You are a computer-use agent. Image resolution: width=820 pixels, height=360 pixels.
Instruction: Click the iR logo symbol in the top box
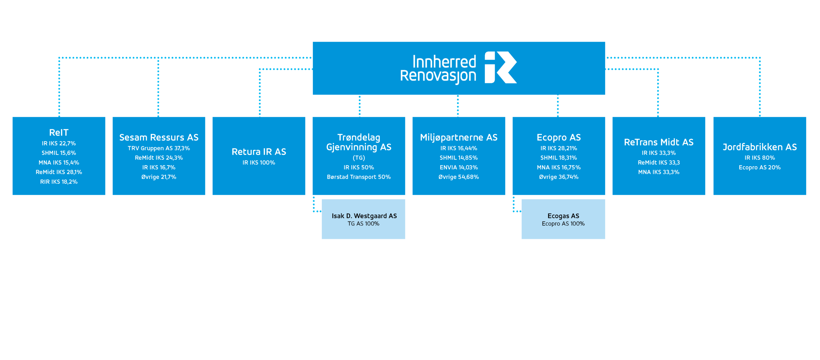[x=500, y=67]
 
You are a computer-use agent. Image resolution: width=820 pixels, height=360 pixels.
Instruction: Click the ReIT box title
[x=59, y=132]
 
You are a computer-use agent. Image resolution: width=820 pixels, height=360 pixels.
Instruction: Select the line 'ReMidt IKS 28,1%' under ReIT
[x=59, y=172]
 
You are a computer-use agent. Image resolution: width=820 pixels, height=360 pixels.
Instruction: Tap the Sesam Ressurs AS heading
[x=159, y=137]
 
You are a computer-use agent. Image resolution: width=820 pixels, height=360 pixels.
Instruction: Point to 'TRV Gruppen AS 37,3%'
[x=159, y=148]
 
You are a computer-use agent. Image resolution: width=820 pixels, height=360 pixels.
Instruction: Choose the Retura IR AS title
[x=259, y=151]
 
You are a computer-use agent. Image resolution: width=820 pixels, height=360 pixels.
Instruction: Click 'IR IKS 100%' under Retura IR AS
[x=259, y=162]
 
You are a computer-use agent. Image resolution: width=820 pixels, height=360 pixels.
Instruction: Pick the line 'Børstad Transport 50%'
[x=359, y=177]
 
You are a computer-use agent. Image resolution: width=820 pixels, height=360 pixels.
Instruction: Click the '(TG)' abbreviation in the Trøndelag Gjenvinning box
[x=359, y=158]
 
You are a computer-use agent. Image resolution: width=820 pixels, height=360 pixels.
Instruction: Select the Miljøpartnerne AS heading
[x=459, y=137]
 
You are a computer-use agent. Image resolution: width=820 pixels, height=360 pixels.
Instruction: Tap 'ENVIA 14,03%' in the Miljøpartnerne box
[x=459, y=167]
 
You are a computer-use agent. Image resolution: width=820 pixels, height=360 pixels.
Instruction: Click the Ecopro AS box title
[x=559, y=137]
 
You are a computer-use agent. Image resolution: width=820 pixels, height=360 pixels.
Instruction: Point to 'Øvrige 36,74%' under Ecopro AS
[x=559, y=177]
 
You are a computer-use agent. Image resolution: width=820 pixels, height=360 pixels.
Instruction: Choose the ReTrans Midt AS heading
[x=659, y=142]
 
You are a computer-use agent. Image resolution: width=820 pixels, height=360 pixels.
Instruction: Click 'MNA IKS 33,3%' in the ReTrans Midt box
[x=659, y=172]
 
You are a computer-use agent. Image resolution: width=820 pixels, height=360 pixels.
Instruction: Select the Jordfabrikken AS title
[x=760, y=147]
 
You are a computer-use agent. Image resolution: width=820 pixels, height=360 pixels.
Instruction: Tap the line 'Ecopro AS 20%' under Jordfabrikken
[x=760, y=167]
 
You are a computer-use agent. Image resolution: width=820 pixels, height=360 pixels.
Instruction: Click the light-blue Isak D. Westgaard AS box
[x=364, y=219]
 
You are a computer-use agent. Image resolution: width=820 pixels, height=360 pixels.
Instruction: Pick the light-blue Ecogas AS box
[x=563, y=219]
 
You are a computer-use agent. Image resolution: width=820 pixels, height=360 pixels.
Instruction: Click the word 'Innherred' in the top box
[x=444, y=61]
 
